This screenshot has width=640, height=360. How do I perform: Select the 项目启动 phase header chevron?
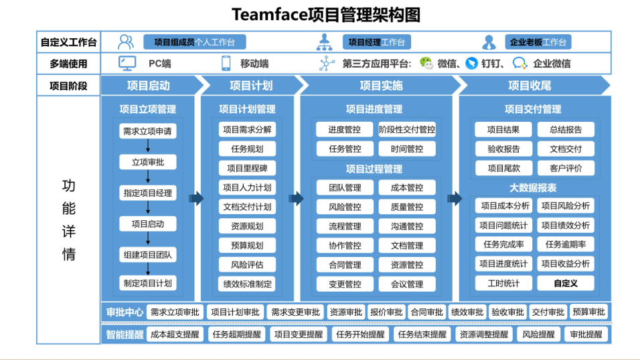[x=149, y=86]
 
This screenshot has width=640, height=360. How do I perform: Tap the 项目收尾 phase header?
[x=529, y=86]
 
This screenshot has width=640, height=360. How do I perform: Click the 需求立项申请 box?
[x=147, y=131]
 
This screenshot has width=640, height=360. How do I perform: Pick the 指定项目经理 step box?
[x=147, y=193]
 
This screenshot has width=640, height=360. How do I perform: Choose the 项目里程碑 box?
[x=246, y=168]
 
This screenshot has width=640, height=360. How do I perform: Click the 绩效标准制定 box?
[x=246, y=284]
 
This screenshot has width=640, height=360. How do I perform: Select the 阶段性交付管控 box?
[x=407, y=130]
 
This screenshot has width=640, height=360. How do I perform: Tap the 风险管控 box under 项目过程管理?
[x=345, y=207]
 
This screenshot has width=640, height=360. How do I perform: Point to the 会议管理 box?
[x=407, y=284]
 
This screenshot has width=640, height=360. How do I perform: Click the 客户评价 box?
[x=566, y=168]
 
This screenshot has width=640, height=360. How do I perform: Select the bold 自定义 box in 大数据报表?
[x=566, y=283]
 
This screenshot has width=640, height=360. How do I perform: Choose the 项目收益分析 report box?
[x=566, y=264]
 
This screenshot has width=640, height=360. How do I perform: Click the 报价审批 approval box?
[x=386, y=312]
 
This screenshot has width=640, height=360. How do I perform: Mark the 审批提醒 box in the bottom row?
[x=585, y=334]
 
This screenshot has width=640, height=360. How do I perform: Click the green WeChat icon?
[x=426, y=63]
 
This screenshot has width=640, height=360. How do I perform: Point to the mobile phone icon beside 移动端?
[x=226, y=64]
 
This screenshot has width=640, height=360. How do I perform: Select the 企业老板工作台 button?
[x=538, y=42]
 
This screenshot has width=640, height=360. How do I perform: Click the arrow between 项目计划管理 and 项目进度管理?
[x=296, y=199]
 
